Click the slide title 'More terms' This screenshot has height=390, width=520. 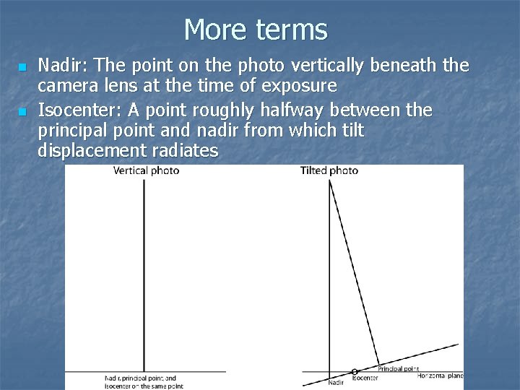[x=256, y=30]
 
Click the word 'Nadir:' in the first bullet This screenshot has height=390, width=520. [x=60, y=66]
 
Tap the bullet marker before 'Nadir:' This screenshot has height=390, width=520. [x=22, y=67]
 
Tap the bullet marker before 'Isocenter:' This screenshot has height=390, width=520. [x=22, y=111]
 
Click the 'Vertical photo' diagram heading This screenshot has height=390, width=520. [x=146, y=171]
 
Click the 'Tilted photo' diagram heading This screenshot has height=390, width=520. [x=329, y=171]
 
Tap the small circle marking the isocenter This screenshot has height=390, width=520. [x=355, y=371]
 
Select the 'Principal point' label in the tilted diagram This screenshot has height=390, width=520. [x=398, y=368]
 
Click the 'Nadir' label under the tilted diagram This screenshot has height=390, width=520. [x=336, y=382]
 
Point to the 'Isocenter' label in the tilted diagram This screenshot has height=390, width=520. [x=365, y=378]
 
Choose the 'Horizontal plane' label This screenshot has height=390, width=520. [x=440, y=376]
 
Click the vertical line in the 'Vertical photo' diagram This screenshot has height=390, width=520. [x=144, y=274]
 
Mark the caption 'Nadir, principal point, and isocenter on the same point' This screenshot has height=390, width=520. [x=144, y=381]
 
